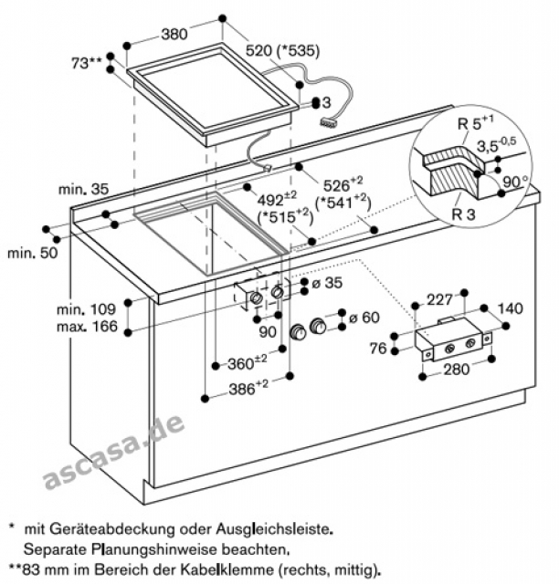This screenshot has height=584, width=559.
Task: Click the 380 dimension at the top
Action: pos(174,36)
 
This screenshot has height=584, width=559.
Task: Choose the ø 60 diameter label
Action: pos(364,318)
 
